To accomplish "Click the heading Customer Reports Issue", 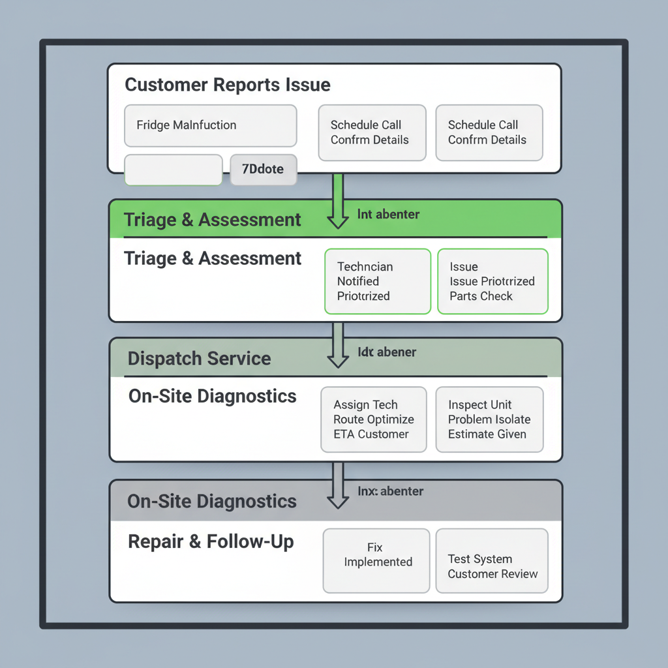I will pos(227,85).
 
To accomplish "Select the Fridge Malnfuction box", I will pos(210,125).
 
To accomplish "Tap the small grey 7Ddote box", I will pos(264,170).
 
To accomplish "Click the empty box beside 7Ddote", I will pos(173,170).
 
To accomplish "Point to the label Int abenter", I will pos(388,214).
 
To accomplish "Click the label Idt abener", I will pos(387,352).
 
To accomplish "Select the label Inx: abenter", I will pos(390,491).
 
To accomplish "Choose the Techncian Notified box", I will pos(377,281).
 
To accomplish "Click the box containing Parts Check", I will pos(493,281).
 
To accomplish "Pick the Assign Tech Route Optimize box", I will pos(373,419).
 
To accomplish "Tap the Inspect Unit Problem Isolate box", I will pos(489,419).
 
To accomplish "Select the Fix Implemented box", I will pos(376,560).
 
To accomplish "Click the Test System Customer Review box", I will pos(492,560).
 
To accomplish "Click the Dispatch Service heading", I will pos(199,358).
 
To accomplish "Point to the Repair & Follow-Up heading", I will pos(211,541).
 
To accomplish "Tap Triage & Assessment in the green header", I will pos(213,220).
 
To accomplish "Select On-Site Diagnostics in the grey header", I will pos(212,501).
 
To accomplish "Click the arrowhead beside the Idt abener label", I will pos(337,359).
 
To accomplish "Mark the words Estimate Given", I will pos(487,434).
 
